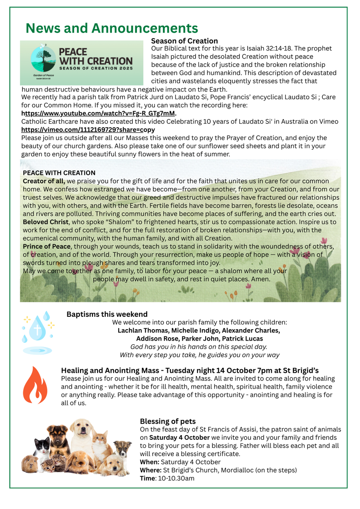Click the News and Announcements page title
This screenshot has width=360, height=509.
click(112, 28)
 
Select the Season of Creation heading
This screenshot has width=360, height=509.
click(184, 41)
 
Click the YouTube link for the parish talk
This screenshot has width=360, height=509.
click(99, 113)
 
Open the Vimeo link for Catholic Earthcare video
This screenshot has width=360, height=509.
click(88, 129)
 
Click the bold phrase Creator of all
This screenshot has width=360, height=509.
click(44, 181)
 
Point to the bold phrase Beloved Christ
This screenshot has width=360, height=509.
click(45, 222)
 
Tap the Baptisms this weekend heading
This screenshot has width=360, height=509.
click(107, 314)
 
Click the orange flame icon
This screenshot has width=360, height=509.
click(35, 385)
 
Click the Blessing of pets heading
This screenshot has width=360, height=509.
click(167, 421)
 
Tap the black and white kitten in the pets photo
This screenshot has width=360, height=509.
click(43, 449)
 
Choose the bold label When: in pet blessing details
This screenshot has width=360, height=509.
click(149, 462)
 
